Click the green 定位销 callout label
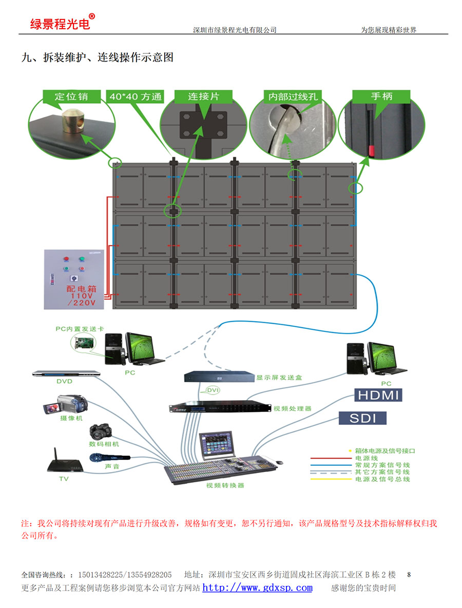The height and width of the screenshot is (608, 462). (71, 96)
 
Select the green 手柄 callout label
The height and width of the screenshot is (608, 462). (381, 96)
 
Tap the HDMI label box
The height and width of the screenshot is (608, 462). (377, 395)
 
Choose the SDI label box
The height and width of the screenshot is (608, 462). (362, 418)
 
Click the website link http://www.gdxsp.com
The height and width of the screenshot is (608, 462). (257, 588)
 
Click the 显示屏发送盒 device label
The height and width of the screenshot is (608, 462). (279, 378)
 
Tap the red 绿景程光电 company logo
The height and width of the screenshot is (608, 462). (60, 24)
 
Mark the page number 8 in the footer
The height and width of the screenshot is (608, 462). (409, 574)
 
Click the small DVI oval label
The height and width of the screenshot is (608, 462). (213, 391)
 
